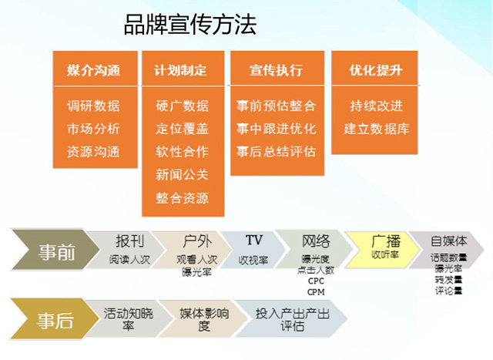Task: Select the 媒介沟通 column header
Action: click(94, 70)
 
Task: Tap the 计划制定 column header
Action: click(182, 70)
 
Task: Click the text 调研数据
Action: click(94, 106)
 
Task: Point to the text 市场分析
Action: click(94, 129)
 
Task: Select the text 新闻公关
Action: click(182, 175)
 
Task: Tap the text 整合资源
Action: click(182, 198)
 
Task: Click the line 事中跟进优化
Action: click(276, 129)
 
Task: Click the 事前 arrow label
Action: click(56, 251)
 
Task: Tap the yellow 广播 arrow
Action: click(379, 247)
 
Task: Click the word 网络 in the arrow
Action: click(316, 241)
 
